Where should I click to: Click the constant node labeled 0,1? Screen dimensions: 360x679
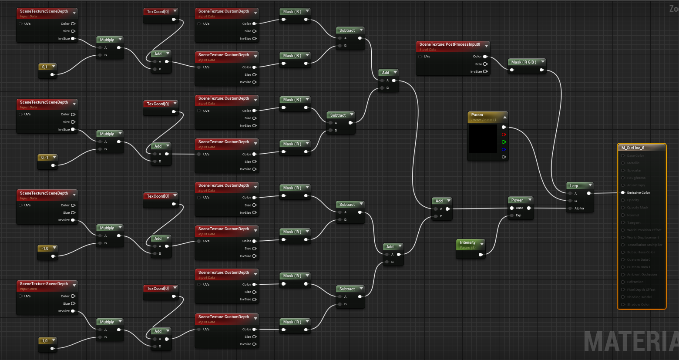coord(45,67)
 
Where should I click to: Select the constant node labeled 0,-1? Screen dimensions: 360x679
coord(45,158)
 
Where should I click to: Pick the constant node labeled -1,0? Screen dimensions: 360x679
coord(45,248)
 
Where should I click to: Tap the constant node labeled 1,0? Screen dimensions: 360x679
coord(45,340)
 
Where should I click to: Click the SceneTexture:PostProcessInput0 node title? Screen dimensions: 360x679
coord(450,44)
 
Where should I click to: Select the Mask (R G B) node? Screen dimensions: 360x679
coord(524,62)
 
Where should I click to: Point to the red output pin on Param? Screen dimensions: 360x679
coord(504,135)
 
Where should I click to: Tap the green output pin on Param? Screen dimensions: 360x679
coord(504,142)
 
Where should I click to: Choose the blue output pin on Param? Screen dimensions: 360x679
coord(504,149)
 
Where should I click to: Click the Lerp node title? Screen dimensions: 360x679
coord(574,186)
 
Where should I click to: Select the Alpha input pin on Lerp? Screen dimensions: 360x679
coord(570,209)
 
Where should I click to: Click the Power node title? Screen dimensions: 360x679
coord(517,200)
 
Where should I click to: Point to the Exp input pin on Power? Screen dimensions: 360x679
coord(512,215)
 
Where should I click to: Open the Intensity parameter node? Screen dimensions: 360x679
coord(468,243)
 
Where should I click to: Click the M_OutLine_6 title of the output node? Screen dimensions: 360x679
coord(633,148)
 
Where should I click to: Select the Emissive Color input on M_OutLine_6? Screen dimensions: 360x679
coord(623,192)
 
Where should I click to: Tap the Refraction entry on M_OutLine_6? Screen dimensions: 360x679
coord(635,282)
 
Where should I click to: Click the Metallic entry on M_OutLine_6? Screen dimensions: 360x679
coord(633,163)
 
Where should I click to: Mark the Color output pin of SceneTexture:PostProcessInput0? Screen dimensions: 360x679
coord(485,57)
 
